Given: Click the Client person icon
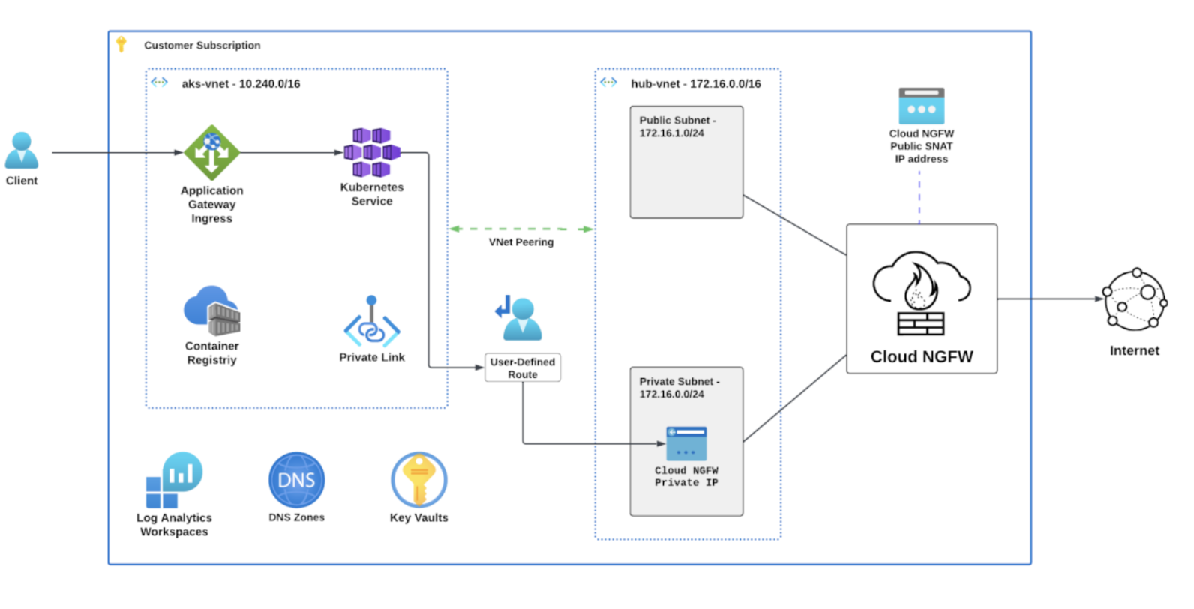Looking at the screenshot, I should point(22,150).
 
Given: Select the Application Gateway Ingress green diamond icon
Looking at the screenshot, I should point(212,152).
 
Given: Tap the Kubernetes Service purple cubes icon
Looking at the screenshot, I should point(372,152).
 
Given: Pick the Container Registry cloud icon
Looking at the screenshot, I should point(212,310).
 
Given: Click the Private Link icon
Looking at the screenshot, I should point(372,322).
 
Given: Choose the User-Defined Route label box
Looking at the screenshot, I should point(523,367).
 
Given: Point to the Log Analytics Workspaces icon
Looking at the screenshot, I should point(174,480).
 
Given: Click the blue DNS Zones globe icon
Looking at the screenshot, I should point(297,480).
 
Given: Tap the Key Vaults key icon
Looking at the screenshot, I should point(419,480).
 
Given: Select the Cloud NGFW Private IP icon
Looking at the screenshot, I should point(686,443).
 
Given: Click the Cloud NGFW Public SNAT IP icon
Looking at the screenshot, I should point(922,106).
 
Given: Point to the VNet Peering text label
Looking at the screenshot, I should point(521,242).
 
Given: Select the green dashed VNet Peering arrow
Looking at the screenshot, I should point(521,229).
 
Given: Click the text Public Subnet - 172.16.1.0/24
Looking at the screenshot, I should point(677,127).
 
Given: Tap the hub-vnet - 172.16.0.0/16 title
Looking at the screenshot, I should point(695,84).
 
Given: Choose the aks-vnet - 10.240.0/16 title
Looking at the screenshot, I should point(241,84).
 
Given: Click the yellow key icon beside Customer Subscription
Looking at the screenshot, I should point(121,45).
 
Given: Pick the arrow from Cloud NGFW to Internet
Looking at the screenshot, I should point(1050,298).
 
